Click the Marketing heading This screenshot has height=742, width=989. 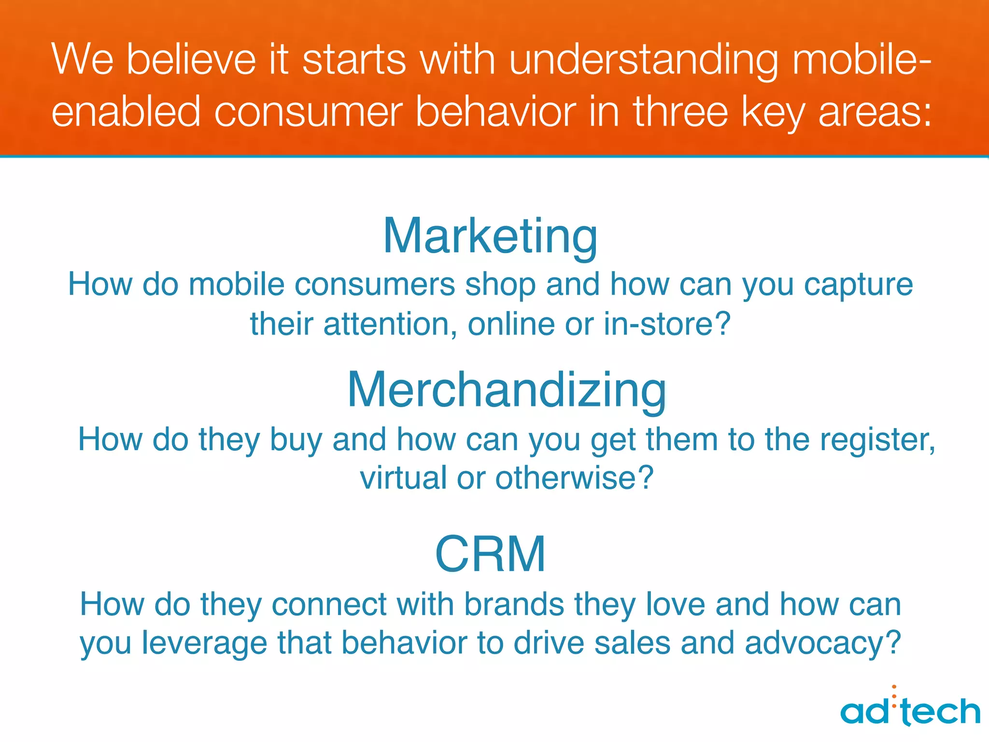[x=490, y=237]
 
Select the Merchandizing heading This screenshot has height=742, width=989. [x=507, y=390]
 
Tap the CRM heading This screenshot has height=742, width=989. [x=490, y=554]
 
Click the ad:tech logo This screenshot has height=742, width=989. [x=910, y=710]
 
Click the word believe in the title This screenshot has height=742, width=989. [x=191, y=60]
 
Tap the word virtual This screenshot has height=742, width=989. [x=403, y=478]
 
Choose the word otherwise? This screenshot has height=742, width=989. [x=574, y=478]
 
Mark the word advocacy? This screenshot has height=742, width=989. [x=823, y=644]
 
